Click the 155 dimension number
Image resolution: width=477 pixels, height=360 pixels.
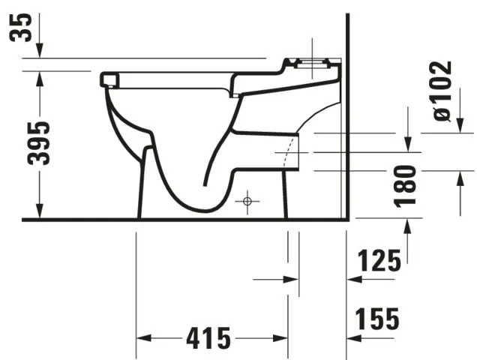377,319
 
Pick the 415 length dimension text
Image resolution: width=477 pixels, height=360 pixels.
198,338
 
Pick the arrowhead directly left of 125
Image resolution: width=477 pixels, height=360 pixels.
353,280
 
